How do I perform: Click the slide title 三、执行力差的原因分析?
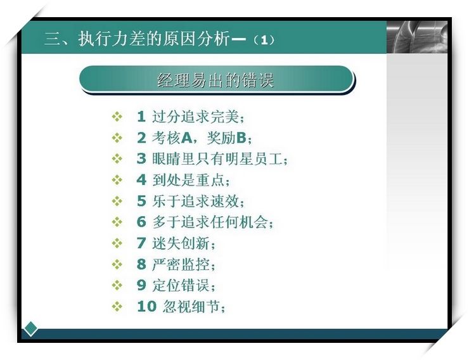click(x=138, y=39)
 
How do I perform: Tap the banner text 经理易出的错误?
click(x=215, y=80)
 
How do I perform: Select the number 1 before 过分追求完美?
click(x=141, y=117)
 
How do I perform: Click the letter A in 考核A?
click(x=186, y=138)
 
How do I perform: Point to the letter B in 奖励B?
click(x=241, y=138)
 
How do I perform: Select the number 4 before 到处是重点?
click(x=141, y=180)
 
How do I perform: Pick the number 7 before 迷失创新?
click(x=141, y=243)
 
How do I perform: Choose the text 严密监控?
click(x=181, y=264)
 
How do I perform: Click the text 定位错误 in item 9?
click(x=181, y=285)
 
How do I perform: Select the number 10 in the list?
click(x=146, y=306)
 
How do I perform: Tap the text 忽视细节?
click(x=191, y=306)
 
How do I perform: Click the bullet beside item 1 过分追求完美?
click(x=117, y=117)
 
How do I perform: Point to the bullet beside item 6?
click(x=117, y=222)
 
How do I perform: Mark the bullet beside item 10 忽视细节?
click(x=117, y=307)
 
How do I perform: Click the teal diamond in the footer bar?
click(x=30, y=329)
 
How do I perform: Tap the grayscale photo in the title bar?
click(x=417, y=37)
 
